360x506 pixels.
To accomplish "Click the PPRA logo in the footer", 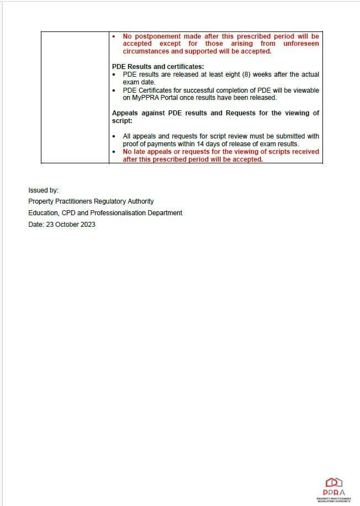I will [x=333, y=489].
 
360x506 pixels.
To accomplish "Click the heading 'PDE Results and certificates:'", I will [x=157, y=67].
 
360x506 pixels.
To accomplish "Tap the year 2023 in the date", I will [x=88, y=224].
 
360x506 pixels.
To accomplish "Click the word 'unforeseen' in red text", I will [x=301, y=44].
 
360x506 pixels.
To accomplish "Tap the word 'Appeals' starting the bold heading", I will [x=125, y=113].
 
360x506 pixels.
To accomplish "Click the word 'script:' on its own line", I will [x=122, y=120].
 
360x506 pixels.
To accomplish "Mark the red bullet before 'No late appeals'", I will [x=114, y=152].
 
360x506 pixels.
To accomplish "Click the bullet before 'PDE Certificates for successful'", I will [x=114, y=90].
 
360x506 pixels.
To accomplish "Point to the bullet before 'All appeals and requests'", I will [x=114, y=136].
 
